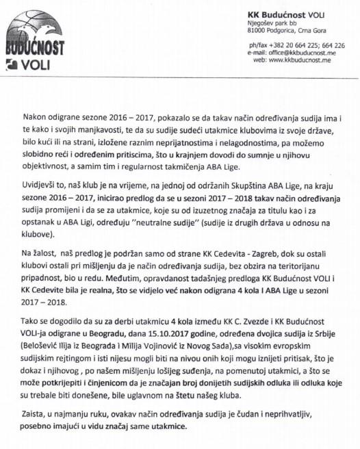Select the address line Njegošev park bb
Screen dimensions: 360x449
click(272, 23)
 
